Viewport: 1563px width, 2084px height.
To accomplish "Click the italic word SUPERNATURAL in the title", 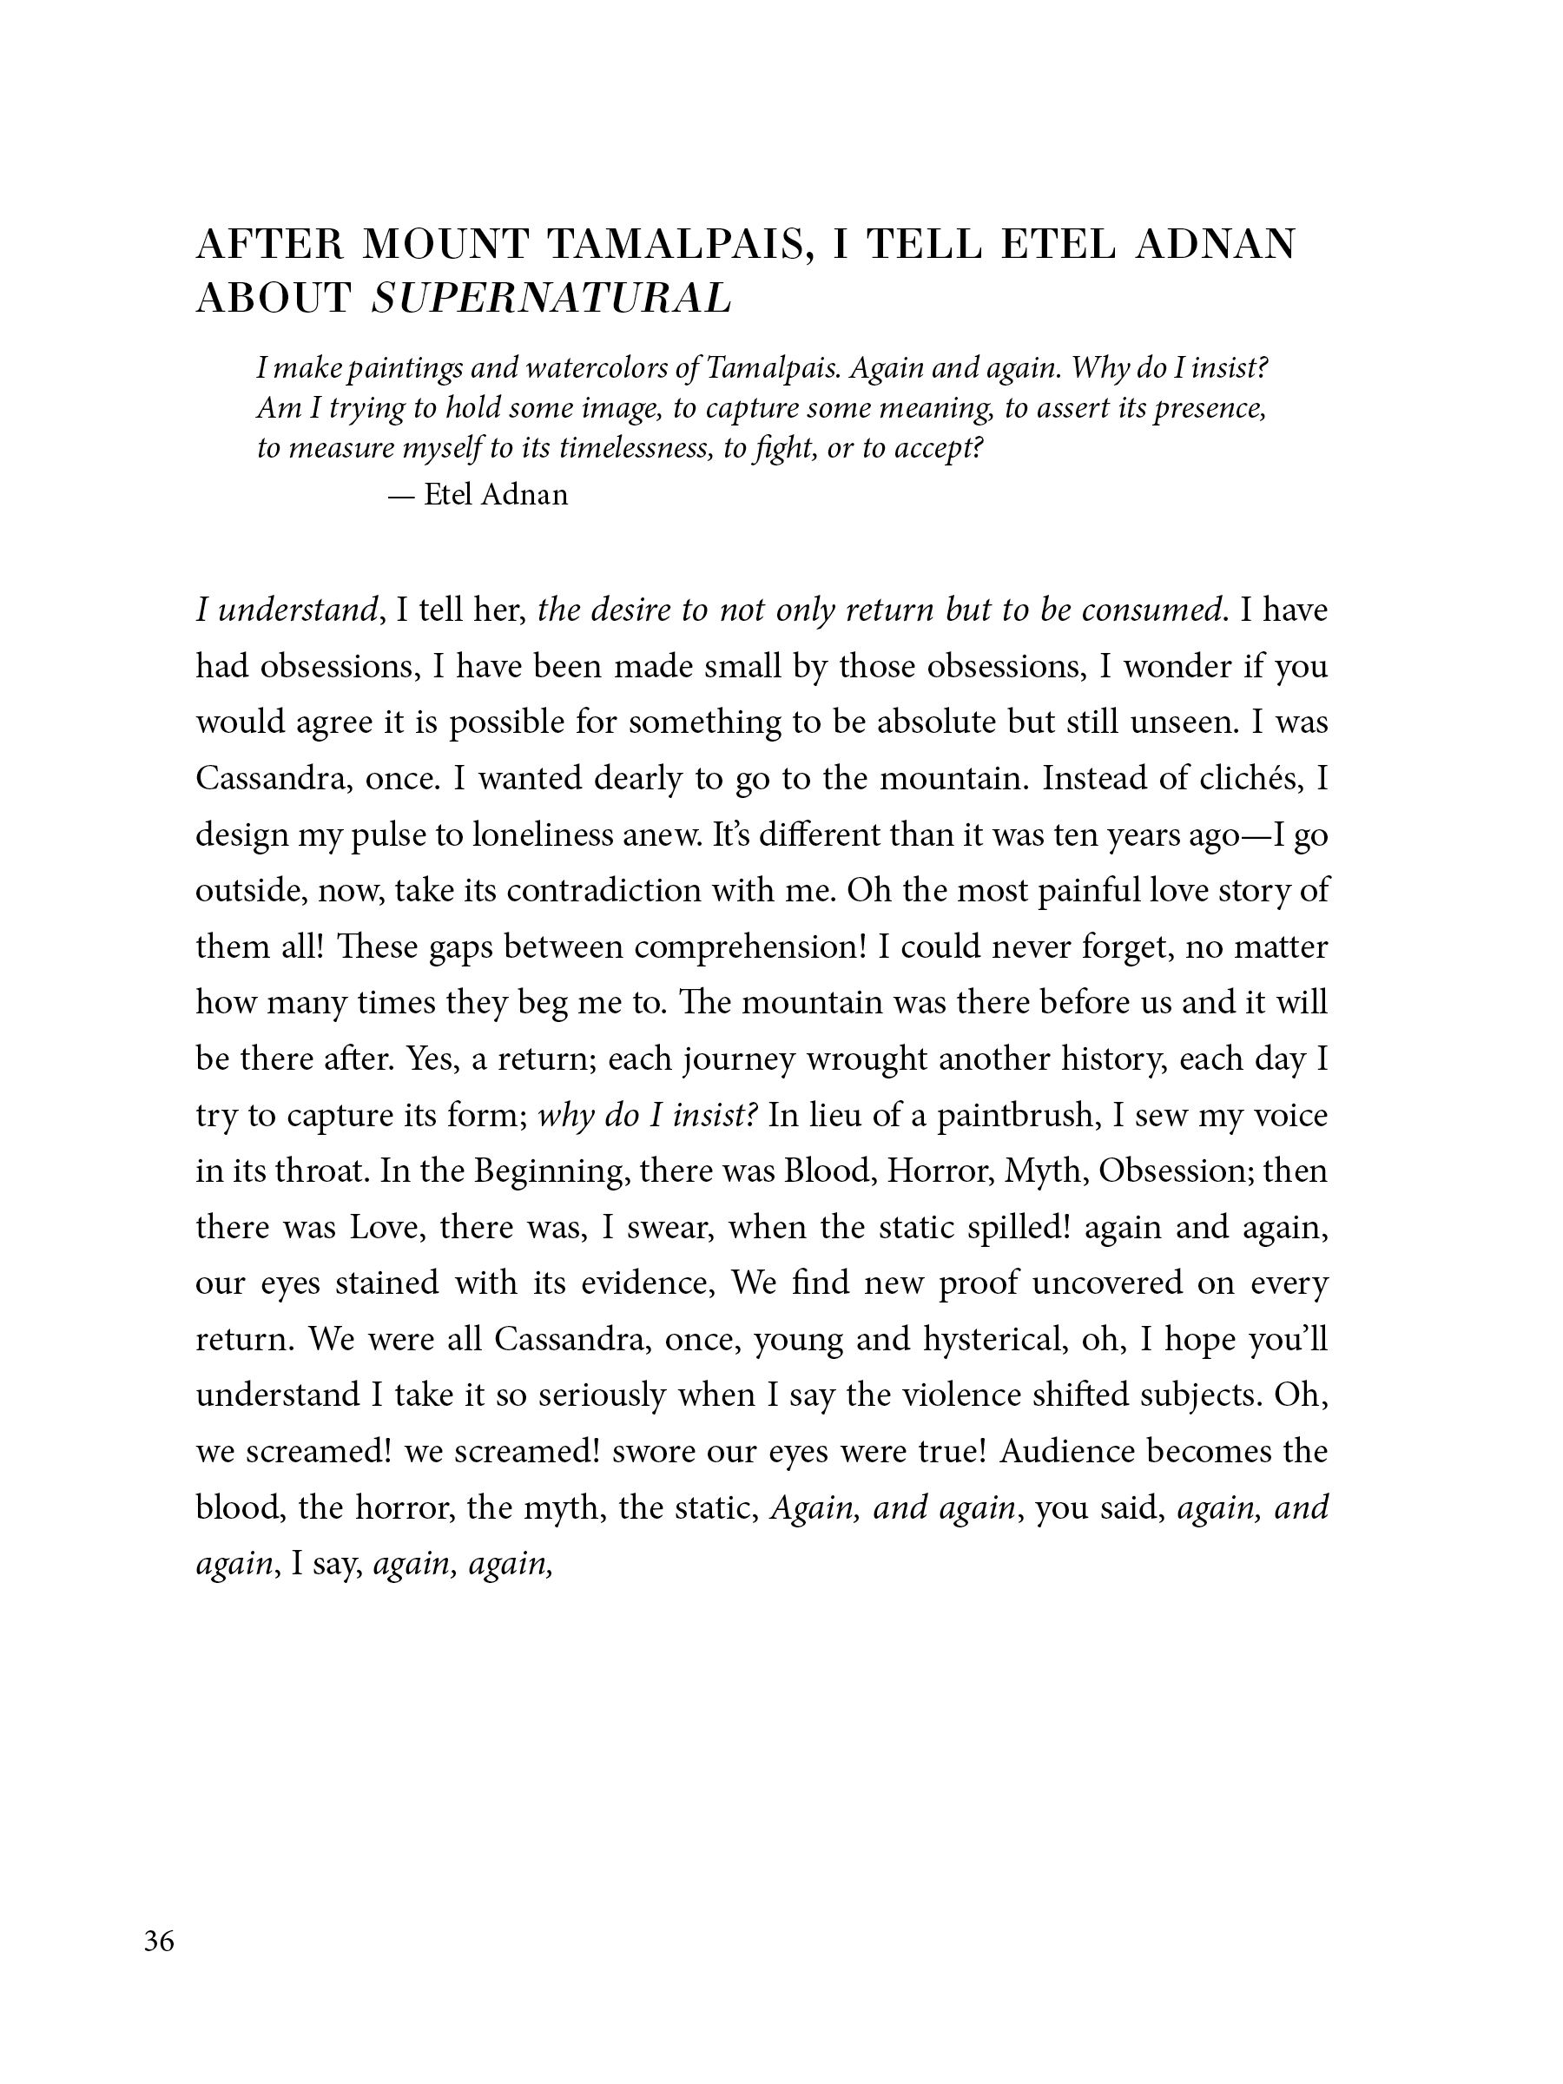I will [x=551, y=299].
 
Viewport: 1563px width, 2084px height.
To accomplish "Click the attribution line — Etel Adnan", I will [x=478, y=495].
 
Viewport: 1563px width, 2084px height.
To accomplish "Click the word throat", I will [x=321, y=1171].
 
